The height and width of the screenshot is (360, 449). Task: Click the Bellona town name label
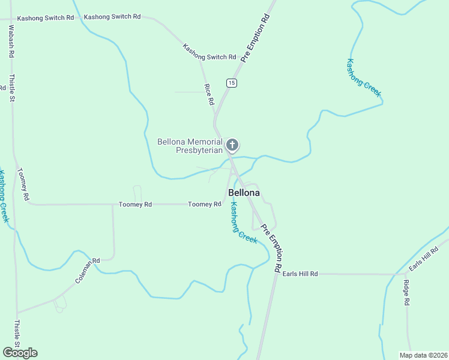(x=244, y=193)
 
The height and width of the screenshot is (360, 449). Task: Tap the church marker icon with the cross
(x=232, y=145)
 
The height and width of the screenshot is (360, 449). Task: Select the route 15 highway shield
(x=232, y=82)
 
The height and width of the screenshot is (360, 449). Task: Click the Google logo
(x=20, y=353)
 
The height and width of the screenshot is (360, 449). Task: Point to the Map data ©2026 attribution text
(x=423, y=355)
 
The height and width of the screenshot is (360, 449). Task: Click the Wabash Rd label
(x=11, y=41)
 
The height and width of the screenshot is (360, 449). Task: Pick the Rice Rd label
(x=209, y=95)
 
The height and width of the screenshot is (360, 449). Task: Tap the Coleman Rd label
(x=87, y=271)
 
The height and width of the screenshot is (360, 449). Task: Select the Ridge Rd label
(x=406, y=293)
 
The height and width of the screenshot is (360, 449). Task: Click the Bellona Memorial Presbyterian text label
(x=190, y=146)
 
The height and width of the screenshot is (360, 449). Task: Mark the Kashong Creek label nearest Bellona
(x=244, y=223)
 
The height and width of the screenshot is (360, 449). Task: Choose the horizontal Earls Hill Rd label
(x=300, y=274)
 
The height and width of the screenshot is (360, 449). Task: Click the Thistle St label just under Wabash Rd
(x=11, y=87)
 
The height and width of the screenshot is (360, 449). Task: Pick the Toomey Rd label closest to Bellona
(x=205, y=205)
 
